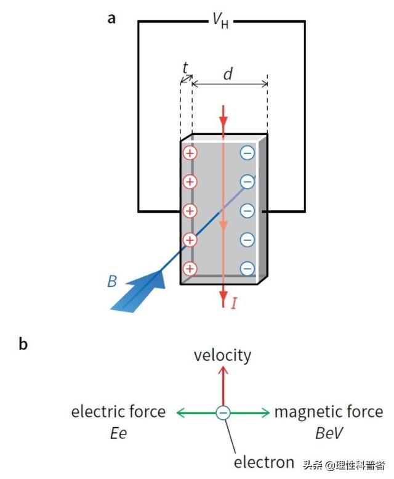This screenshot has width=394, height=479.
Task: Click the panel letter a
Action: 111,18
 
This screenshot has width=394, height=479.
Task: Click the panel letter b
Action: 23,344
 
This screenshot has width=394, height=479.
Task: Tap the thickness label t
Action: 185,68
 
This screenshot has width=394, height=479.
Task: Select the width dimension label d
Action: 228,75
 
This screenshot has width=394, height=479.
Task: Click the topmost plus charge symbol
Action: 190,152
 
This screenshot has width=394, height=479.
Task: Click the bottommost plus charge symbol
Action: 190,268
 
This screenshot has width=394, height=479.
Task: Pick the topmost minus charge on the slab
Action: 247,152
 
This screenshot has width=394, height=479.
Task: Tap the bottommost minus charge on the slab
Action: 247,268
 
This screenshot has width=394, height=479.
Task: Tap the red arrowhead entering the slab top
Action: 223,117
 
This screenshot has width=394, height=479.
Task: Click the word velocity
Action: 222,355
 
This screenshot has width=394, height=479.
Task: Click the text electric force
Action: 118,412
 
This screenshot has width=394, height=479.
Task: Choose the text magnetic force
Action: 329,412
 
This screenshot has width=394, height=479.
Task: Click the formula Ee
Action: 118,433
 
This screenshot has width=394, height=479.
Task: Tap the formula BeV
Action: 329,433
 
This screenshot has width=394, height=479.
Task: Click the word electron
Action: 264,462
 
